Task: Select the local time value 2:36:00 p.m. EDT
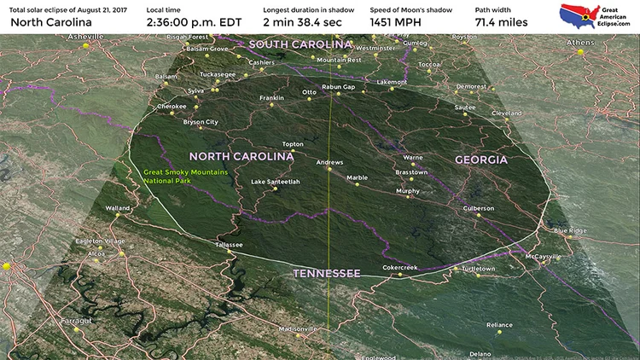tap(193, 21)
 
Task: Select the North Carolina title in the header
tap(51, 21)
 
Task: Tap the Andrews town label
tap(329, 162)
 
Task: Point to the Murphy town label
tap(408, 191)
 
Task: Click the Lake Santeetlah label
tap(276, 182)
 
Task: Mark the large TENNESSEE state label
tap(327, 273)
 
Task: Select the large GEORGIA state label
tap(482, 160)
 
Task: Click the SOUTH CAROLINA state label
tap(300, 44)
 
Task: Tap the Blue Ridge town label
tap(570, 230)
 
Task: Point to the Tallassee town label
tap(229, 245)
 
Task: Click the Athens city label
tap(583, 42)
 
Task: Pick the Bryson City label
tap(201, 122)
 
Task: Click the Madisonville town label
tap(299, 329)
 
